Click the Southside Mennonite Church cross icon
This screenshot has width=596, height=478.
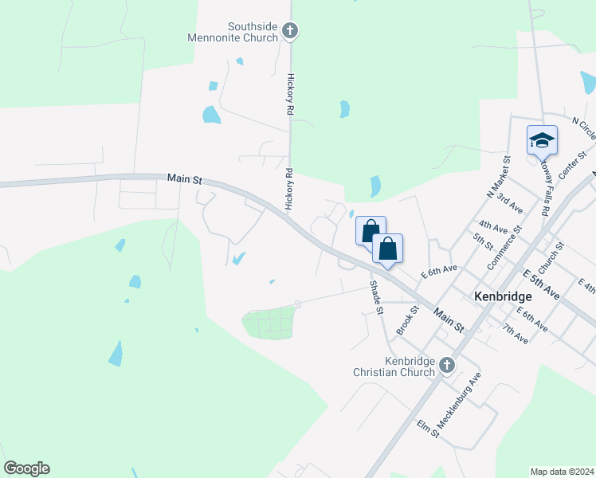[x=290, y=31]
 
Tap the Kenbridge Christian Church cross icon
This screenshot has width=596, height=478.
[x=447, y=366]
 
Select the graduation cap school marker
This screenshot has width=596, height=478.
[x=542, y=141]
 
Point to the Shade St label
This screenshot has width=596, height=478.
[x=376, y=296]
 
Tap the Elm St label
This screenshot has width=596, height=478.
[x=428, y=427]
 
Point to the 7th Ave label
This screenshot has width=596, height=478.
[x=515, y=333]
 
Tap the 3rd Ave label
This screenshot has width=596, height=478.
[x=508, y=202]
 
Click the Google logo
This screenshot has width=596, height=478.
[x=26, y=468]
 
